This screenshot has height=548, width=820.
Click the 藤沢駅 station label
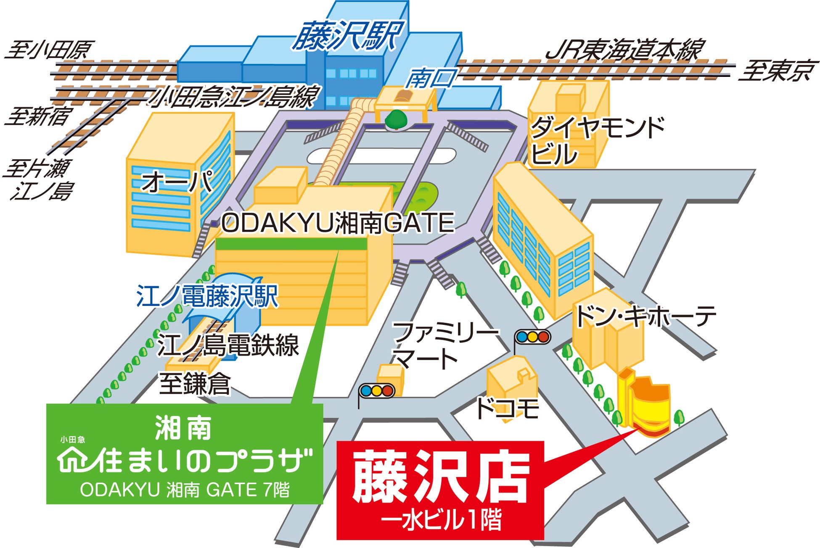[347, 35]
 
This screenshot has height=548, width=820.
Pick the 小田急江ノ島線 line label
[234, 97]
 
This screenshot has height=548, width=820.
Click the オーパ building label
[177, 182]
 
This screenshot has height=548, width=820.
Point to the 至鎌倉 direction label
[195, 384]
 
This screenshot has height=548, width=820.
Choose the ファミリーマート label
[442, 345]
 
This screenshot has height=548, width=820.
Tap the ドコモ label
[507, 408]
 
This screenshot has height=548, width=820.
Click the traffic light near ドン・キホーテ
[532, 337]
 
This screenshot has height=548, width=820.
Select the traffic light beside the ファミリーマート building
[377, 391]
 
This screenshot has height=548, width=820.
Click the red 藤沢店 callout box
[440, 490]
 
